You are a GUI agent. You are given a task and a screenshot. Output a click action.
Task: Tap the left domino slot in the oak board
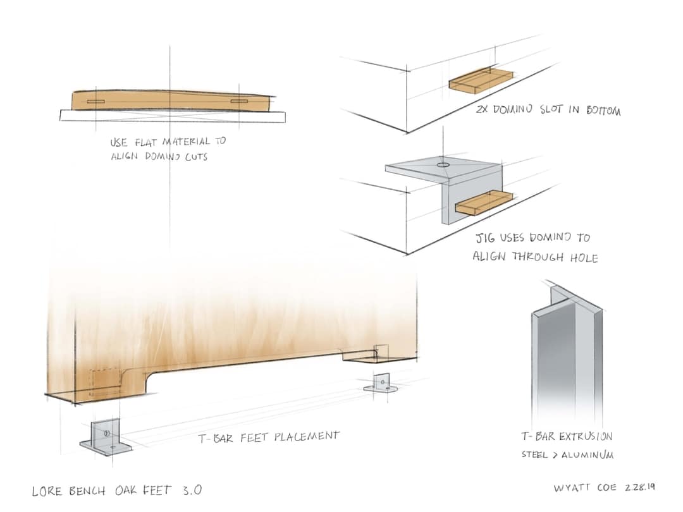95,102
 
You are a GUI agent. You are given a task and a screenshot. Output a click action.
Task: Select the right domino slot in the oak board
239,101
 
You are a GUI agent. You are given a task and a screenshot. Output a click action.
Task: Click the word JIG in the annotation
485,238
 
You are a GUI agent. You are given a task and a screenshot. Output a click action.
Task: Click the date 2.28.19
640,487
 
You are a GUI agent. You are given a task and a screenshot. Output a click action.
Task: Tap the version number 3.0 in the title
192,491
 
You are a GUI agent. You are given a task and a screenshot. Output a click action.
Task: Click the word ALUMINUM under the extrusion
588,455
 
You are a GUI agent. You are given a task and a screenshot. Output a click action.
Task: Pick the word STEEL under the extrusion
534,454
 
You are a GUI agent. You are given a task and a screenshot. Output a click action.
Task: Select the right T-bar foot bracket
381,383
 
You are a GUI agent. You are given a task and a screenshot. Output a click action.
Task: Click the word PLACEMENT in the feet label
307,436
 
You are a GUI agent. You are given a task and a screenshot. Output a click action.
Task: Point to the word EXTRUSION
586,436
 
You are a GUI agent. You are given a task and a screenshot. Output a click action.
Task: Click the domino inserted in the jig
484,203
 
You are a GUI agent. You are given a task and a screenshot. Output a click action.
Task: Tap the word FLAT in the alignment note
145,142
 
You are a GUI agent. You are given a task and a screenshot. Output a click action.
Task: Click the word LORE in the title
47,491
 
